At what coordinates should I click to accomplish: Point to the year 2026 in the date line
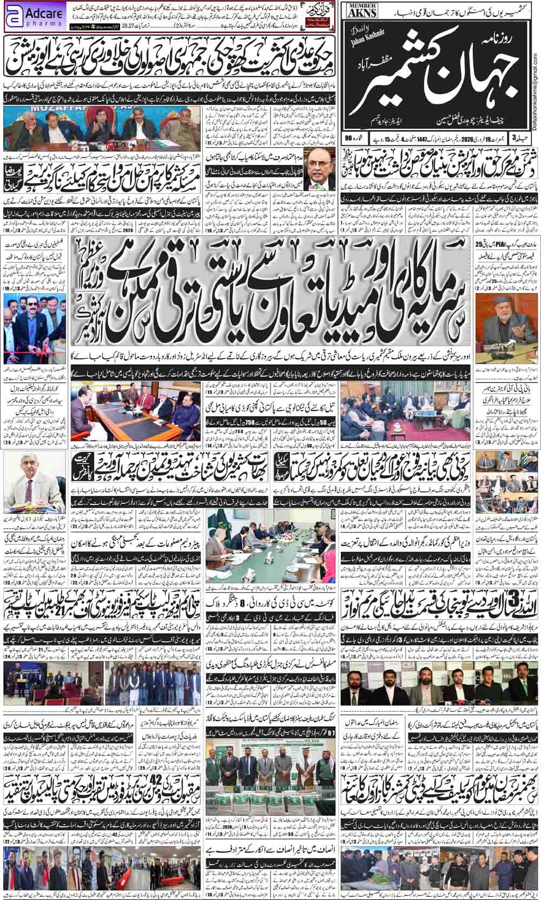(458, 141)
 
